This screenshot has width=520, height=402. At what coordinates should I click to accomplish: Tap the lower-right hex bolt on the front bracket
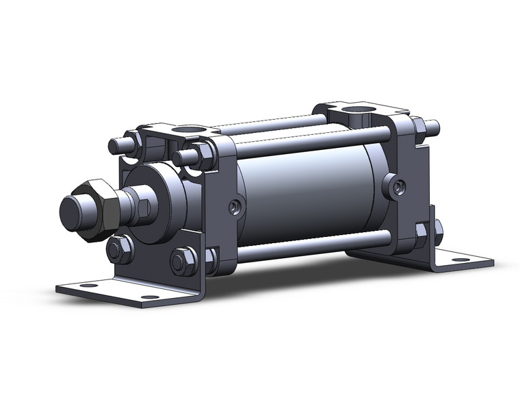tap(181, 261)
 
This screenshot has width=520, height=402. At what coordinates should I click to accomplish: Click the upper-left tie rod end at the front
tap(116, 146)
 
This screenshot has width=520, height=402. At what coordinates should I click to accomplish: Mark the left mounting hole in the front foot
tap(85, 286)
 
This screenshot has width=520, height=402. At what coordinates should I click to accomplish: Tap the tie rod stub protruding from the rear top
tap(431, 127)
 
